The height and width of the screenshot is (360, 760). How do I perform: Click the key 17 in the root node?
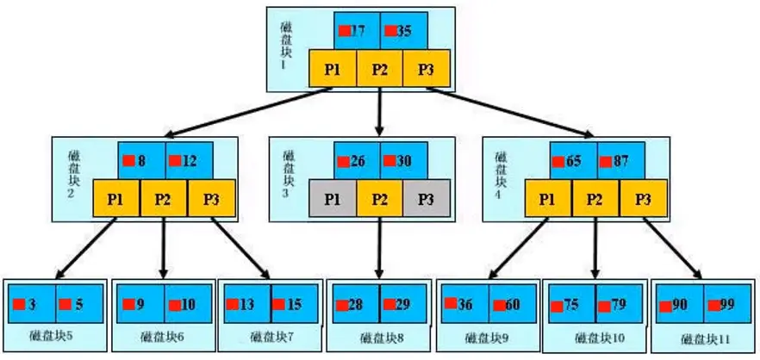358,31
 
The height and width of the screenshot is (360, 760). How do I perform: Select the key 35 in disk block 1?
404,31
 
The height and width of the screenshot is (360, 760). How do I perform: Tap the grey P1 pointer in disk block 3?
333,198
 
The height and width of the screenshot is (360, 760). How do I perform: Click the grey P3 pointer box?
426,198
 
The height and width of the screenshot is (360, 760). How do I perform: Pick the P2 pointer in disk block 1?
379,68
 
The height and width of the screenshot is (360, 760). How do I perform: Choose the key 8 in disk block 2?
142,160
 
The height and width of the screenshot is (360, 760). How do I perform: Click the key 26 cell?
358,160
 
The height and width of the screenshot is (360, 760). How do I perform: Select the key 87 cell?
621,160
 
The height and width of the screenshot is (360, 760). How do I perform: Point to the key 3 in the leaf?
32,304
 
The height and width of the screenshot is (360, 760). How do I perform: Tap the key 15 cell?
294,304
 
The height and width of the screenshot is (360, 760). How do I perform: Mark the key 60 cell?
513,304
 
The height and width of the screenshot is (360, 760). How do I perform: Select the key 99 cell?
727,304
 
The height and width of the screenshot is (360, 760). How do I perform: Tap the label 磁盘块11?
705,338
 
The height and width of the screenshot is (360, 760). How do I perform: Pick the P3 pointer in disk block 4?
644,198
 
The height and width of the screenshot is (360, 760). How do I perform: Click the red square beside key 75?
557,307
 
